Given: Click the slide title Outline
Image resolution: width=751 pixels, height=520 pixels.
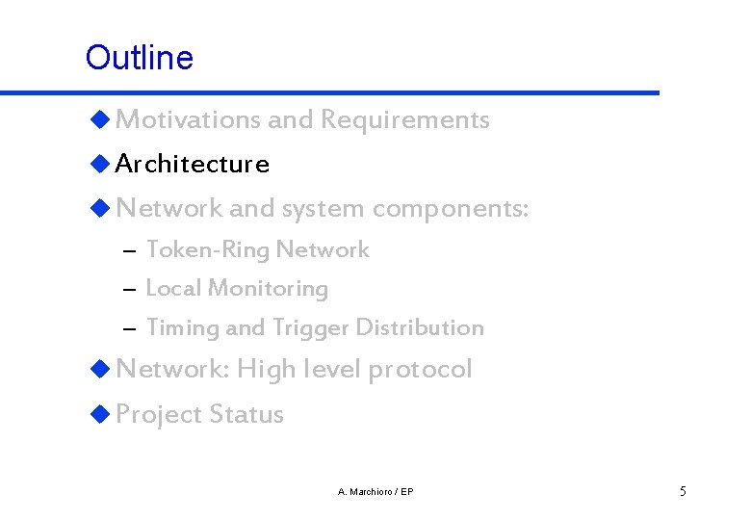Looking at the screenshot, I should tap(139, 58).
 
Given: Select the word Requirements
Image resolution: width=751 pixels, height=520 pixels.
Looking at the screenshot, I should tap(404, 120).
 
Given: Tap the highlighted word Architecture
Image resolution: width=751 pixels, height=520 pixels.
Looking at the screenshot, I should tap(192, 165).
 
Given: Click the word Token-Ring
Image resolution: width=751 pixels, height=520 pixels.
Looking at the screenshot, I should tap(208, 250).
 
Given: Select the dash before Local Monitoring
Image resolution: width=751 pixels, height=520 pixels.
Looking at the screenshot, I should tap(130, 290).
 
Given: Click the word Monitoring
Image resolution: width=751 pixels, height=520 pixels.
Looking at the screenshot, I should tap(268, 289).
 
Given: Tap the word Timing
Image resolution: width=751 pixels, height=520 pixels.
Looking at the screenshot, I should tap(182, 328).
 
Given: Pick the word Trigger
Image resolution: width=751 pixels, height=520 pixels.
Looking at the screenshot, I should tap(310, 328).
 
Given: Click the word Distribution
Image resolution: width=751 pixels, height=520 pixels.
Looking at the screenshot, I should tap(419, 328).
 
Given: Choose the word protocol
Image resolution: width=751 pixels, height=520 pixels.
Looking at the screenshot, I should tap(420, 370).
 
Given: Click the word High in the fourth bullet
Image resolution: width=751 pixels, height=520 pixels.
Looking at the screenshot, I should tap(267, 370).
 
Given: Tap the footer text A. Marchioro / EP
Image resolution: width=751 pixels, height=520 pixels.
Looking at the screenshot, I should tap(375, 492).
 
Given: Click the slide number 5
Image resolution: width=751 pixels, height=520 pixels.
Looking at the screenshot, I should tap(683, 492).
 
